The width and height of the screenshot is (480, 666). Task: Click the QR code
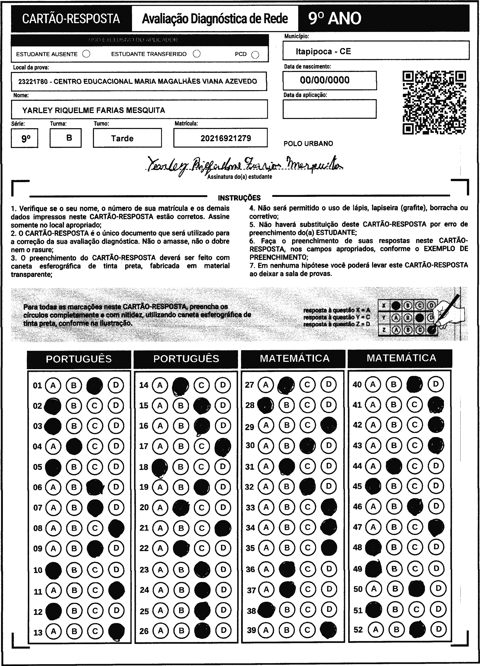pyautogui.click(x=434, y=102)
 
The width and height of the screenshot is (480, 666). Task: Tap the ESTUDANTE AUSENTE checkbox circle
pyautogui.click(x=86, y=54)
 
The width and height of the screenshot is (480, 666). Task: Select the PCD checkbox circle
pyautogui.click(x=255, y=55)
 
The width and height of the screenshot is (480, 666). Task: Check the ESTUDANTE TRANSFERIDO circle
pyautogui.click(x=197, y=54)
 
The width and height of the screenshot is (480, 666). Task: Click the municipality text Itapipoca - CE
pyautogui.click(x=323, y=51)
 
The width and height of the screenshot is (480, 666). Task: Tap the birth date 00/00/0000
pyautogui.click(x=325, y=80)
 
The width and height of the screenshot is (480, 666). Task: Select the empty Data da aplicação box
pyautogui.click(x=329, y=109)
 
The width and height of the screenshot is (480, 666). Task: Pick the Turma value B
pyautogui.click(x=69, y=138)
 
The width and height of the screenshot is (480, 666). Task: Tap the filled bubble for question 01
pyautogui.click(x=95, y=385)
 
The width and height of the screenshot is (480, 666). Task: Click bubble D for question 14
pyautogui.click(x=223, y=385)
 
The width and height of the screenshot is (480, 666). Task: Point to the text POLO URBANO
pyautogui.click(x=308, y=144)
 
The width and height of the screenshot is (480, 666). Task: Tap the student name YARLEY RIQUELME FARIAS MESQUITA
pyautogui.click(x=94, y=110)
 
